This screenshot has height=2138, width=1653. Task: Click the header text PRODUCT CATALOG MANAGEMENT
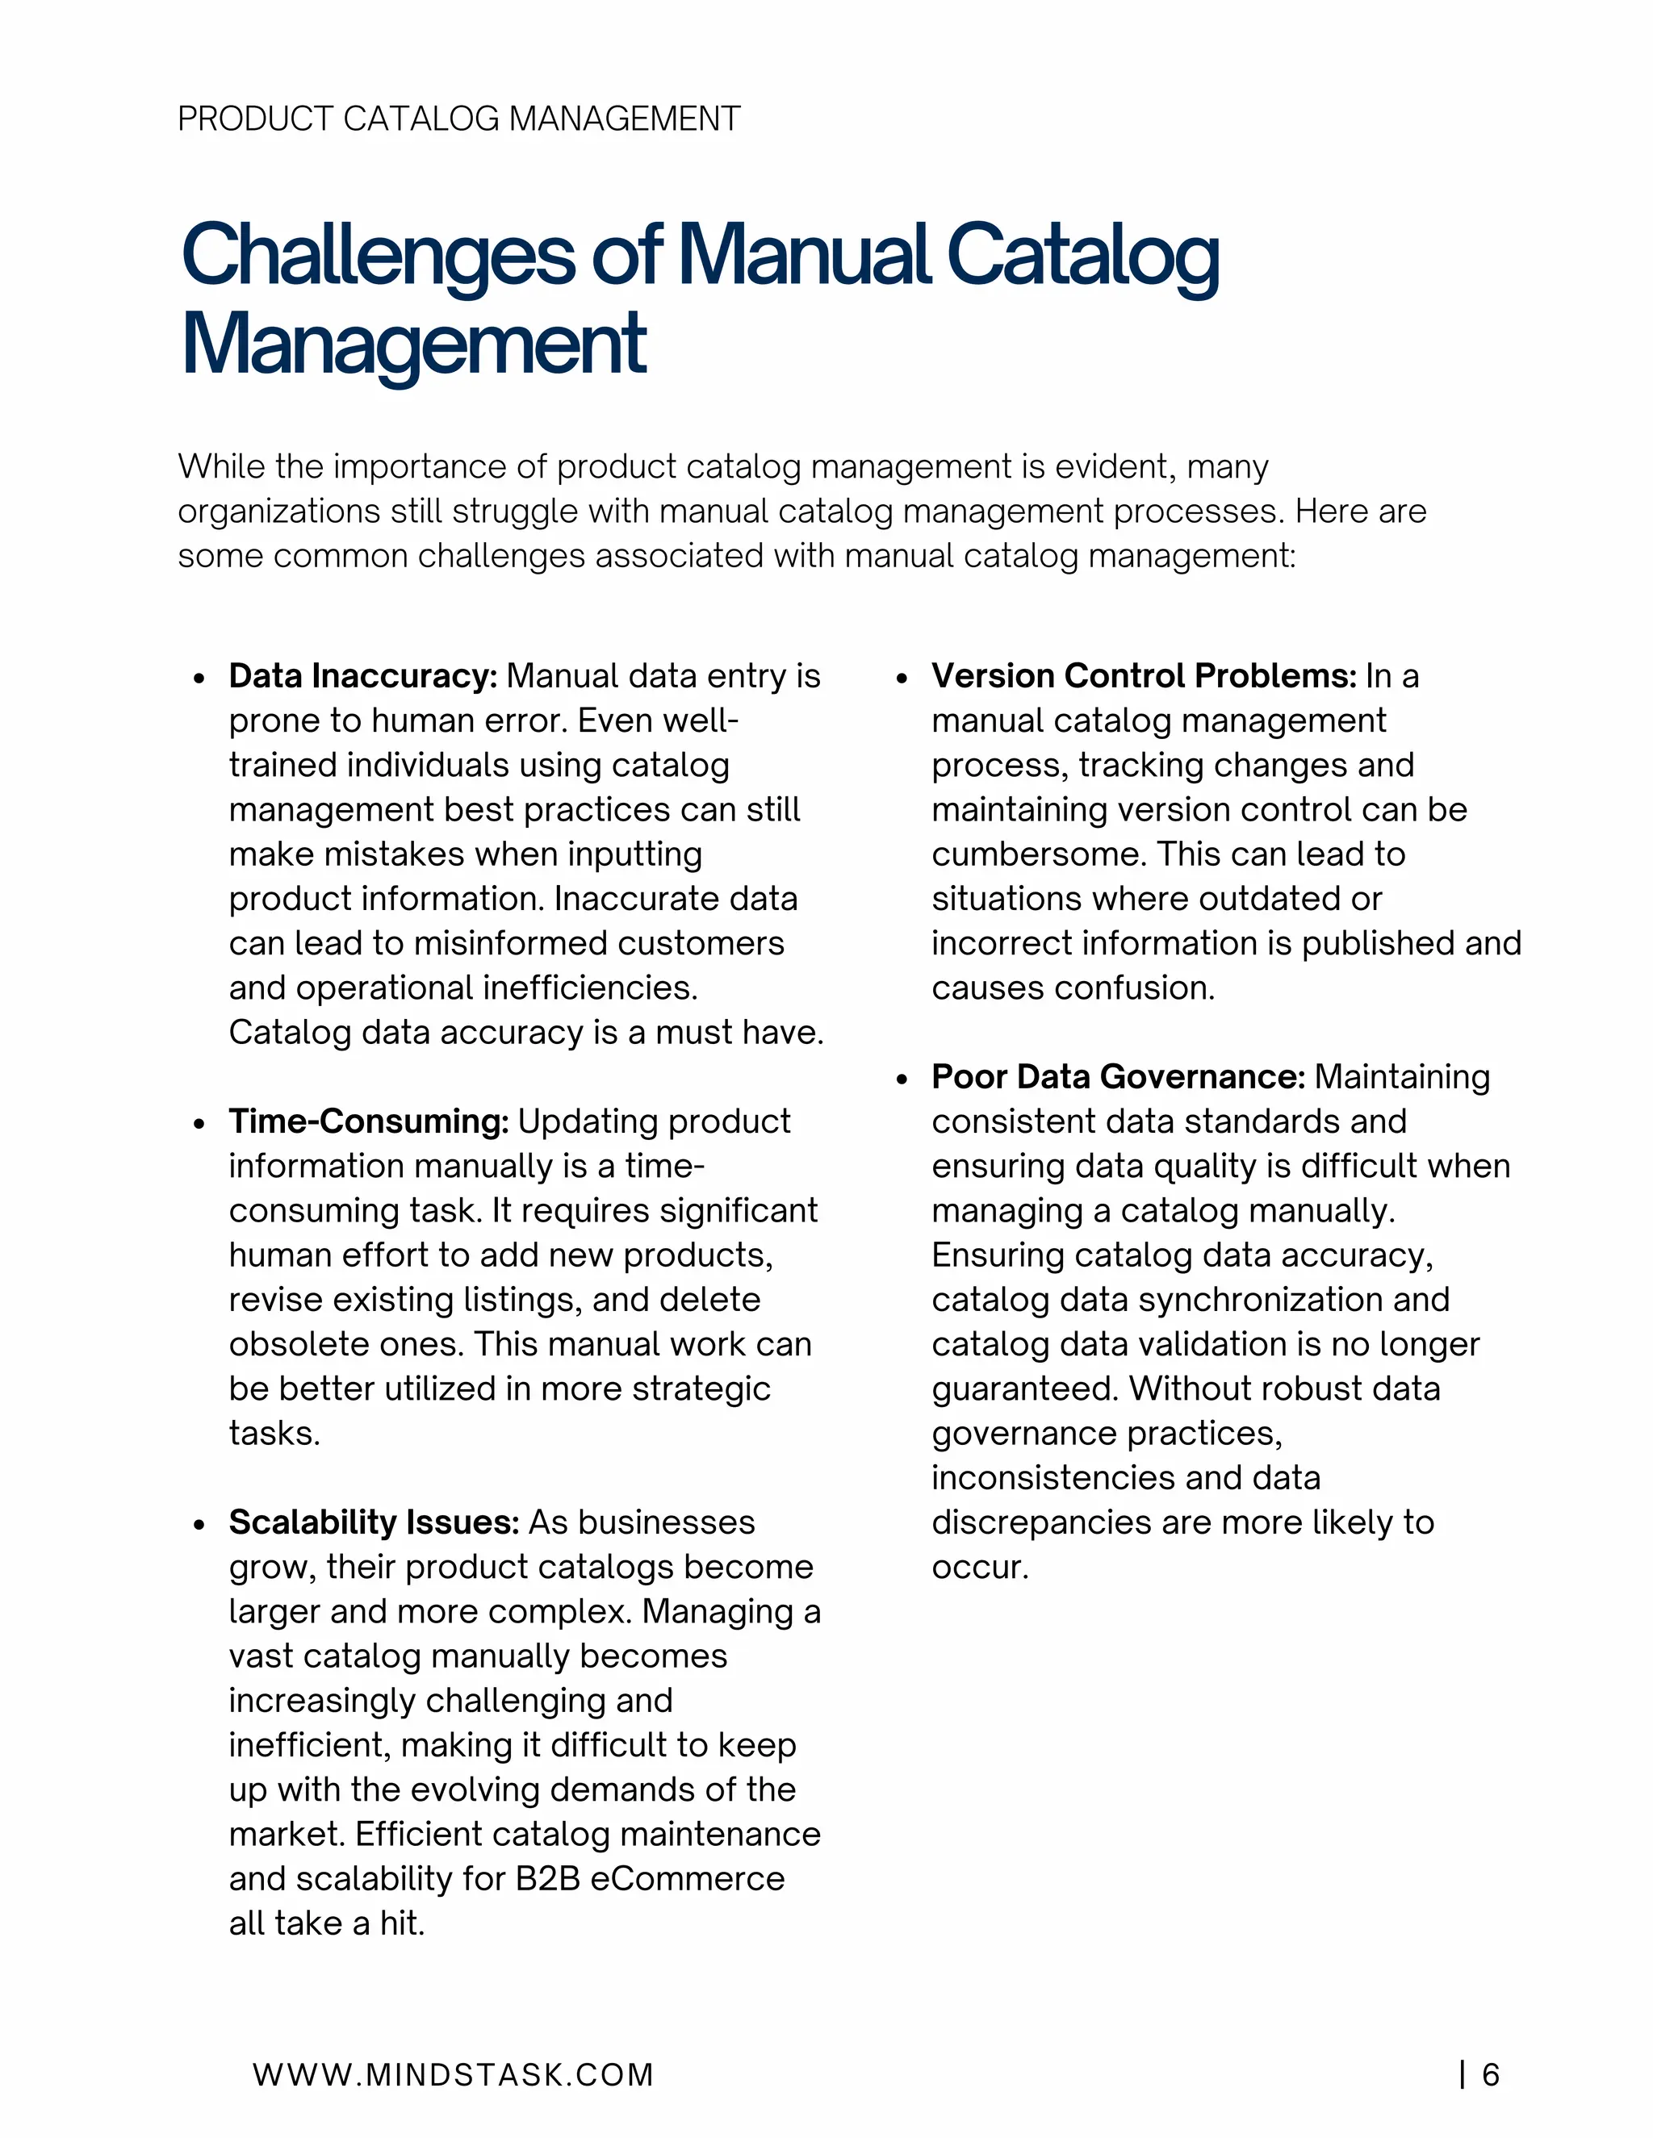(x=458, y=119)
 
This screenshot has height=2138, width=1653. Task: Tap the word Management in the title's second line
(x=413, y=345)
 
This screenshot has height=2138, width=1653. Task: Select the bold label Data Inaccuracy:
(x=363, y=675)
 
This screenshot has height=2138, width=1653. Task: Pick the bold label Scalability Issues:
(x=373, y=1522)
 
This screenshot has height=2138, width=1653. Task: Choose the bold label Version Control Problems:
(x=1143, y=675)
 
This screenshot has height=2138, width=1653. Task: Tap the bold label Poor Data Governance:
(x=1117, y=1077)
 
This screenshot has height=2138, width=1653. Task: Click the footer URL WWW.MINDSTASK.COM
(x=453, y=2074)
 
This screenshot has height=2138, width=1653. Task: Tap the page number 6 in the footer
(x=1491, y=2074)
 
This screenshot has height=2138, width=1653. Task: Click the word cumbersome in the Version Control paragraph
(x=1037, y=854)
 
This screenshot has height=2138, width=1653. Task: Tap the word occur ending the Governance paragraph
(x=977, y=1568)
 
